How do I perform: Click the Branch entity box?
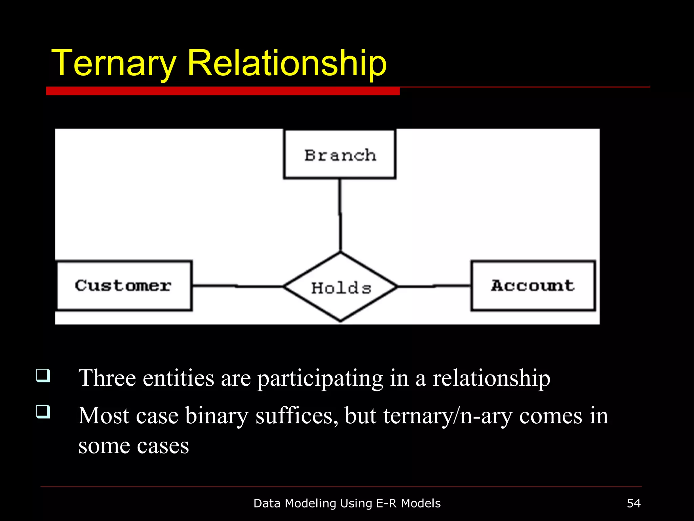click(340, 154)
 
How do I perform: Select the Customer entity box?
click(124, 286)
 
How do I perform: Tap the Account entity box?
click(533, 286)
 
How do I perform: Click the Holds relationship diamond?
click(341, 287)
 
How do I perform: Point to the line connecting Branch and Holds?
click(340, 215)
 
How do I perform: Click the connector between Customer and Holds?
click(237, 286)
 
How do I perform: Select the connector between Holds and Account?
click(434, 286)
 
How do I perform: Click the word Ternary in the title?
click(114, 63)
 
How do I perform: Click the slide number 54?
click(633, 503)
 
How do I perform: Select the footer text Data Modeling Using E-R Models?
click(347, 503)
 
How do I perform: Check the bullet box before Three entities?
click(43, 375)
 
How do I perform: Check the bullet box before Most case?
click(43, 412)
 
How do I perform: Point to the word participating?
click(320, 379)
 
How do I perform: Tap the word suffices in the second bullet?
click(297, 416)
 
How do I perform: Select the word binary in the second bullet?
click(217, 416)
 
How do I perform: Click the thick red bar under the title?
click(223, 91)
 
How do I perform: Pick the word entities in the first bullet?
click(178, 378)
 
